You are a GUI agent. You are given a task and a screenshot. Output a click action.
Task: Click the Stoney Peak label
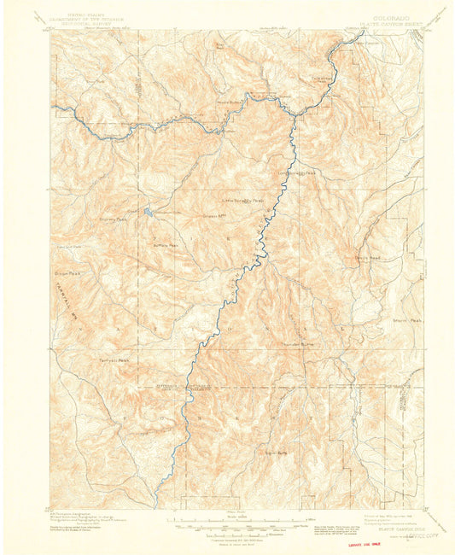click(x=112, y=219)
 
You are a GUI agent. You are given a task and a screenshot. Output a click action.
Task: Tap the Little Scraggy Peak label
click(x=243, y=202)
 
